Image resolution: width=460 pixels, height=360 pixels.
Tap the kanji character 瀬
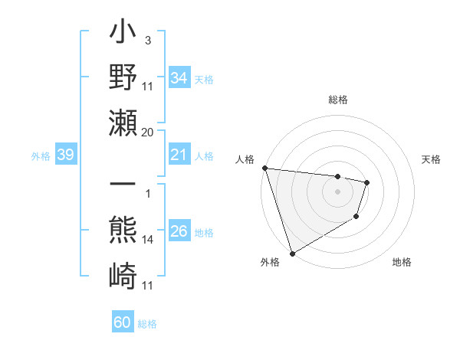coord(123,122)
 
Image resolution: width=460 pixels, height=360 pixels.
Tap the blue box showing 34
coord(179,77)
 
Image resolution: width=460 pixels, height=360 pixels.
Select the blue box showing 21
coord(179,155)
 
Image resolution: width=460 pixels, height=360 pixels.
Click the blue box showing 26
coord(179,232)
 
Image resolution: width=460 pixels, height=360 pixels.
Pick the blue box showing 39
coord(65,155)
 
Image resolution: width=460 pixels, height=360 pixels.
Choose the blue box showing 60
coord(122,322)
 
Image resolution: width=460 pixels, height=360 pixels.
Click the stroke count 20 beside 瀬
coord(147,132)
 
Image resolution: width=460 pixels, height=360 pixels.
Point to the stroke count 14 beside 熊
coord(147,240)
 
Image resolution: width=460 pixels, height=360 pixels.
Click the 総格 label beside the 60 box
coord(147,323)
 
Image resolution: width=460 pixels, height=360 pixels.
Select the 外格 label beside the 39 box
coord(41,156)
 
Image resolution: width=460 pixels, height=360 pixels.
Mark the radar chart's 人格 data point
coord(264,168)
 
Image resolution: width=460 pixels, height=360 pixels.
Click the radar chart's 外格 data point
coord(293,253)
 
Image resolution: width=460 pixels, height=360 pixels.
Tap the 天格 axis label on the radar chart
coord(431,159)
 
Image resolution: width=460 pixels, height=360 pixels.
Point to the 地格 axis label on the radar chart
coord(402,262)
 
